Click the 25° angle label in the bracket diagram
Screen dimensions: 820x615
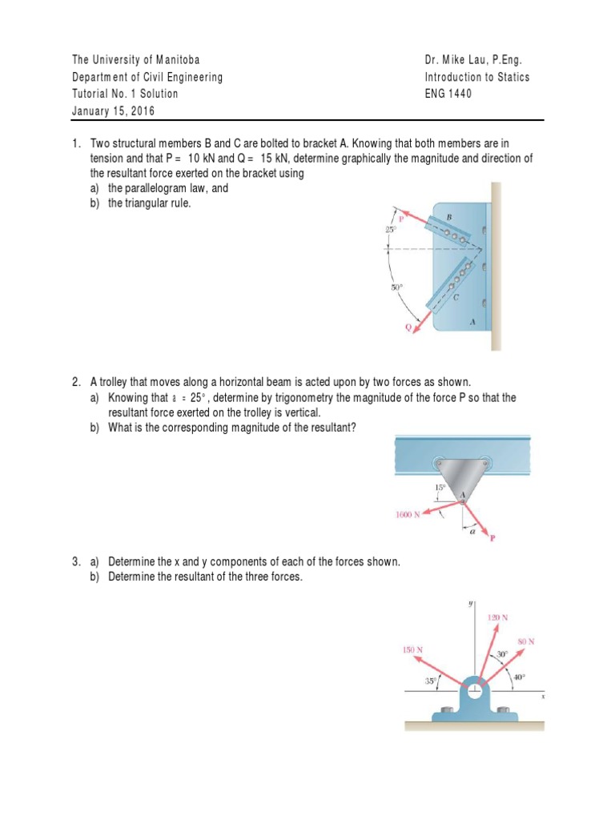pos(390,229)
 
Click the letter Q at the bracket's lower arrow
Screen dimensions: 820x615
pos(408,328)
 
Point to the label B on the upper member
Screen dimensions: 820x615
pos(449,217)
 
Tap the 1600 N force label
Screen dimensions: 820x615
pos(408,515)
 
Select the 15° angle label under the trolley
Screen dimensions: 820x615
pos(440,487)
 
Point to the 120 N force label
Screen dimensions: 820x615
pos(498,617)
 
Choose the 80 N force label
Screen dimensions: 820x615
pos(525,641)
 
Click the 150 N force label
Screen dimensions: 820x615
pos(412,649)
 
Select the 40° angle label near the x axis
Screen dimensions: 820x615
pos(519,677)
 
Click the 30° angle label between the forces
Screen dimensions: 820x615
pos(502,654)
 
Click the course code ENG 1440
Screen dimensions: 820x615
pos(448,94)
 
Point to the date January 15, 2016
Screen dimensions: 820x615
pos(114,111)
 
